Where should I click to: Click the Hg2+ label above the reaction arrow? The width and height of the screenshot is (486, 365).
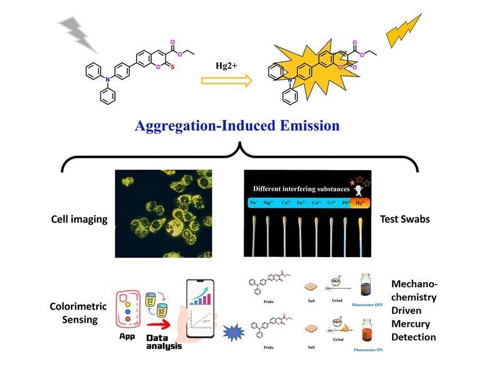[226, 67]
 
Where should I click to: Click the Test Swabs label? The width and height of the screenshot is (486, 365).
[405, 219]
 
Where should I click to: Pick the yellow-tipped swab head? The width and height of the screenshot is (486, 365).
[360, 228]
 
